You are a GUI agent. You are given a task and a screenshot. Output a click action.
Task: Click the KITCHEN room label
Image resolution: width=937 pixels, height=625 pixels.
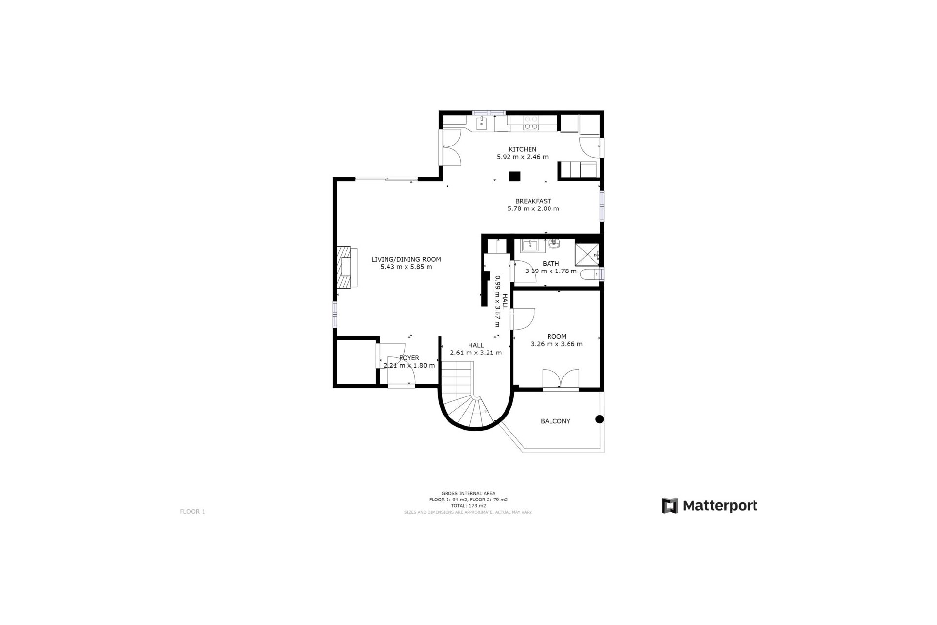(x=522, y=149)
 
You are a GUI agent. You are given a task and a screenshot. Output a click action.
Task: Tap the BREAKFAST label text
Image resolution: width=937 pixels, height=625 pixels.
(x=533, y=201)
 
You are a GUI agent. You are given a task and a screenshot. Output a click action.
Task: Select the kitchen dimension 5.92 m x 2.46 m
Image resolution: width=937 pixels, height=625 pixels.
(x=522, y=157)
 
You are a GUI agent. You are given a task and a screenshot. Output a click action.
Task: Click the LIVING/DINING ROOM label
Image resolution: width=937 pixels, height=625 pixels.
(x=406, y=259)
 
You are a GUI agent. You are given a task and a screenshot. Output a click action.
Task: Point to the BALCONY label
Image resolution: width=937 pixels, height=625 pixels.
(x=555, y=421)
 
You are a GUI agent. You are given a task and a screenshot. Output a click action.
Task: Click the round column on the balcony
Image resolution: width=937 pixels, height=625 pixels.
(x=599, y=419)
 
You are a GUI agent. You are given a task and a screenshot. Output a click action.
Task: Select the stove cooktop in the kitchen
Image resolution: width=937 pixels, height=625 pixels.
(x=530, y=123)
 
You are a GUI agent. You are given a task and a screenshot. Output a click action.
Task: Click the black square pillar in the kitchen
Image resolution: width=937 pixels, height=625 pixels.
(x=514, y=176)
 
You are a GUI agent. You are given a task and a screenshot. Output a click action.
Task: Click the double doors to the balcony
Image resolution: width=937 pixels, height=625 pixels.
(x=561, y=380)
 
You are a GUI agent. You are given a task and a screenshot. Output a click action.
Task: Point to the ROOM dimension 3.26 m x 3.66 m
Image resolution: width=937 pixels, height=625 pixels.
(x=556, y=344)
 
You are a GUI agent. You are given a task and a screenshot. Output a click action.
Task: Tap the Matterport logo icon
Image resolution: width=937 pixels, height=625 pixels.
(x=670, y=505)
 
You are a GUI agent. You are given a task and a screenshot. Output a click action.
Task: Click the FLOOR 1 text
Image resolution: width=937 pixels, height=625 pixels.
(x=192, y=512)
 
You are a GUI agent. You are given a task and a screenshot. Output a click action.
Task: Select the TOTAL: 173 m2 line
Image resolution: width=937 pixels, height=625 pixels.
(x=468, y=506)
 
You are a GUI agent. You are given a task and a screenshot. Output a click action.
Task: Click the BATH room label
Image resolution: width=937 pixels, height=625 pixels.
(x=550, y=264)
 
